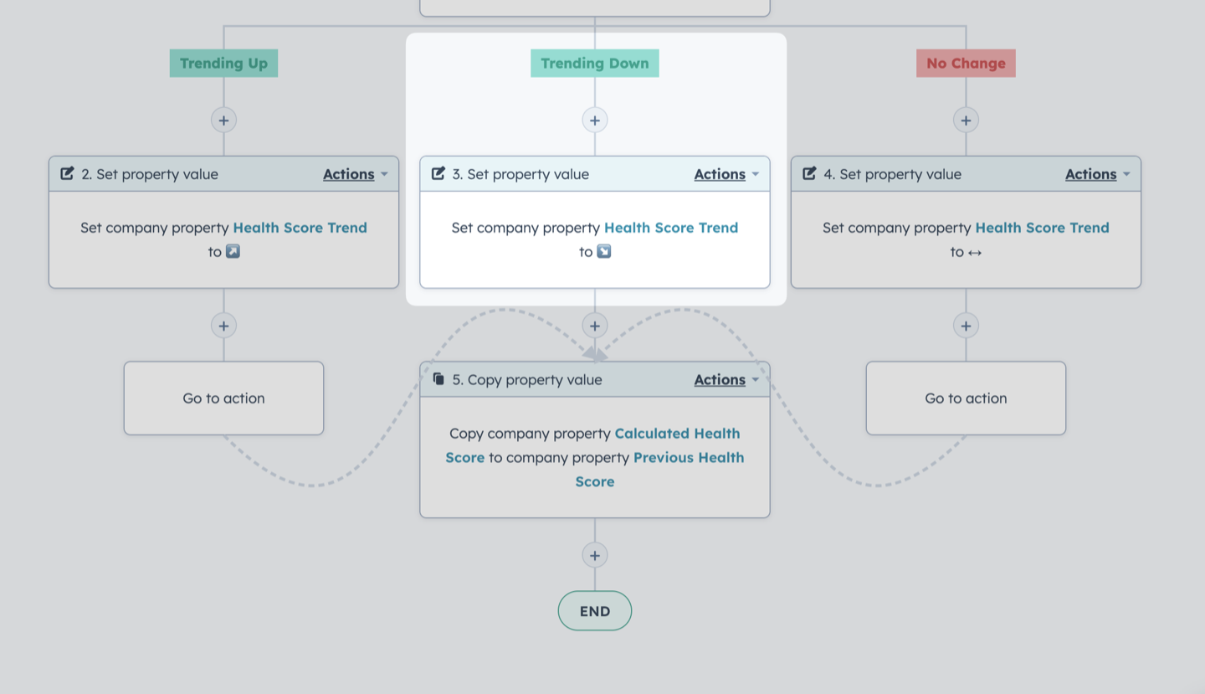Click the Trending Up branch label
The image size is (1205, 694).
click(x=223, y=63)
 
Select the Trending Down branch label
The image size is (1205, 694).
click(x=594, y=63)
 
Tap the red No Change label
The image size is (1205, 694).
click(x=966, y=63)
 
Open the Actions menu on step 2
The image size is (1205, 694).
click(x=355, y=174)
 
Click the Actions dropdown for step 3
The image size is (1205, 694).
click(x=726, y=174)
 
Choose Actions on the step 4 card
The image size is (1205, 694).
click(x=1097, y=174)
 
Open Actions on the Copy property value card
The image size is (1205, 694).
click(x=726, y=380)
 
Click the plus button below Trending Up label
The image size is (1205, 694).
click(x=223, y=120)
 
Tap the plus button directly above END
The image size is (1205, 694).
click(x=594, y=555)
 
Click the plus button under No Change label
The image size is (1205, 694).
click(x=966, y=120)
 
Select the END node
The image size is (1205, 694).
click(x=594, y=611)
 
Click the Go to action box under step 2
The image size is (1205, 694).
click(x=223, y=398)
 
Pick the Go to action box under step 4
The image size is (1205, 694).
click(x=966, y=398)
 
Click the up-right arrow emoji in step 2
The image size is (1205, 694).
click(x=233, y=251)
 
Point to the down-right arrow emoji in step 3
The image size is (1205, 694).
click(x=604, y=251)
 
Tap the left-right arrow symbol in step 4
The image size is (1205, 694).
click(x=975, y=252)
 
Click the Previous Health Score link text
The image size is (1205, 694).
click(x=660, y=469)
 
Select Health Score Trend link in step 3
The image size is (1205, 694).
click(x=671, y=228)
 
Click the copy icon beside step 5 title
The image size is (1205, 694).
click(x=439, y=379)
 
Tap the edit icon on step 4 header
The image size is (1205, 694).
click(x=809, y=173)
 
